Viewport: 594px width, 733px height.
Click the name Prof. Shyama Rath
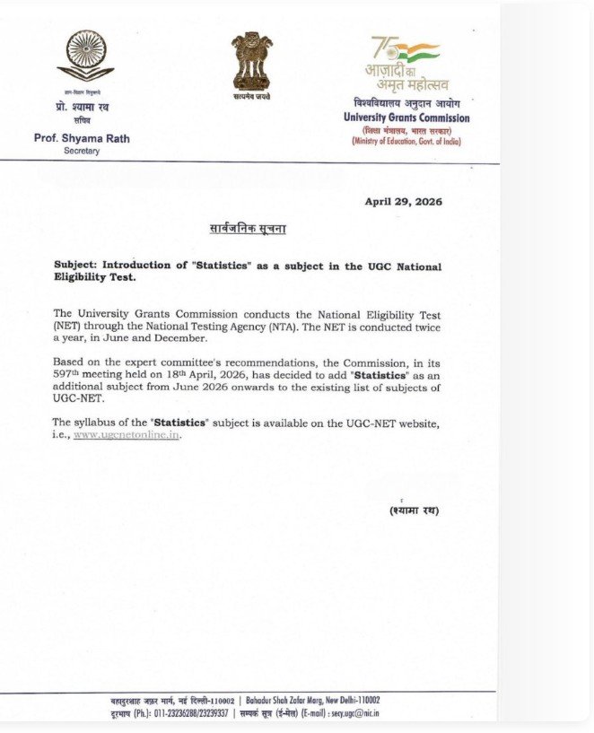pos(81,138)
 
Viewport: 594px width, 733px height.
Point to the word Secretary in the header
pos(82,151)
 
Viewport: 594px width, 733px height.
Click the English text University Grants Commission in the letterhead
pos(406,118)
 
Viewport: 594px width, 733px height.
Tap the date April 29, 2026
pos(403,201)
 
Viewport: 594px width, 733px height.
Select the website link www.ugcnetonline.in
pos(127,434)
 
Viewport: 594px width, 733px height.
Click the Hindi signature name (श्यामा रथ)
pos(414,510)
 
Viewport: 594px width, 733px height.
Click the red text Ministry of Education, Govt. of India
pos(406,142)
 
